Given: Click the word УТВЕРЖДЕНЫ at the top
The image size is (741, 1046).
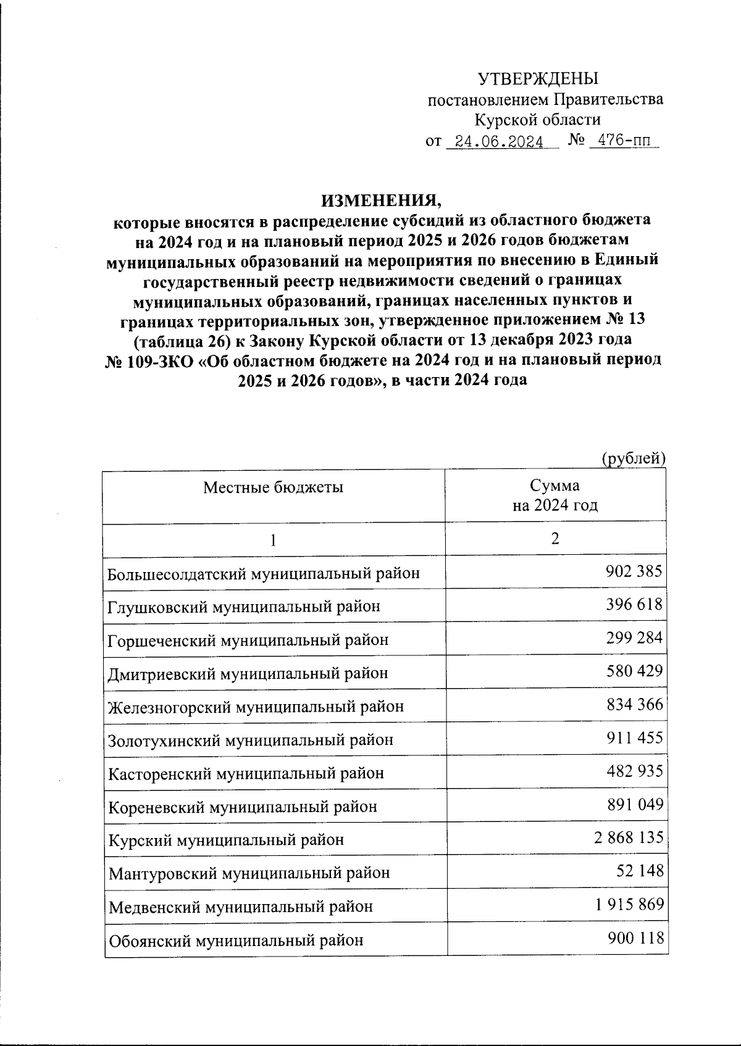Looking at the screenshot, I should pos(538,79).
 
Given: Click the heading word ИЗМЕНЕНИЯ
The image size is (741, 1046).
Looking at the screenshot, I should pos(382,201).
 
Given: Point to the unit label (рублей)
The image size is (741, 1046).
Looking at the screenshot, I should pos(633,459).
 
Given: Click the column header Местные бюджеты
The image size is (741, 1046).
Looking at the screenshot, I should pos(274,488).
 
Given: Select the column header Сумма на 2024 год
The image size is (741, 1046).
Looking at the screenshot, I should pos(555,496).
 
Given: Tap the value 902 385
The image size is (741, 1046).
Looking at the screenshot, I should pos(634,571).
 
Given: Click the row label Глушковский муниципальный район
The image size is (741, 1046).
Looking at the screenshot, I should pos(244,607).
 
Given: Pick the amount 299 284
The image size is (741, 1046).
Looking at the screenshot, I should pos(634,638).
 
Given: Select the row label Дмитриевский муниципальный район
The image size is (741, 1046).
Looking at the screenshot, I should pos(248,673).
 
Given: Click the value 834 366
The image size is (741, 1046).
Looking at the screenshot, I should pos(634,705).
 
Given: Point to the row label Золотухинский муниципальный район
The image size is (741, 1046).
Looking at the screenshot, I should pos(251,740).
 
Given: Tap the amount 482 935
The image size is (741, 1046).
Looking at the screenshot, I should pos(634,771).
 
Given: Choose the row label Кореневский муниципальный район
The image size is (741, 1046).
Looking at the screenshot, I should pos(243,807).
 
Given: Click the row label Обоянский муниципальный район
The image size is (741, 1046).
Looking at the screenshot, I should pos(236,940).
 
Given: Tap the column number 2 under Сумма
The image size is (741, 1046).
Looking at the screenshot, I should pos(555,539).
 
